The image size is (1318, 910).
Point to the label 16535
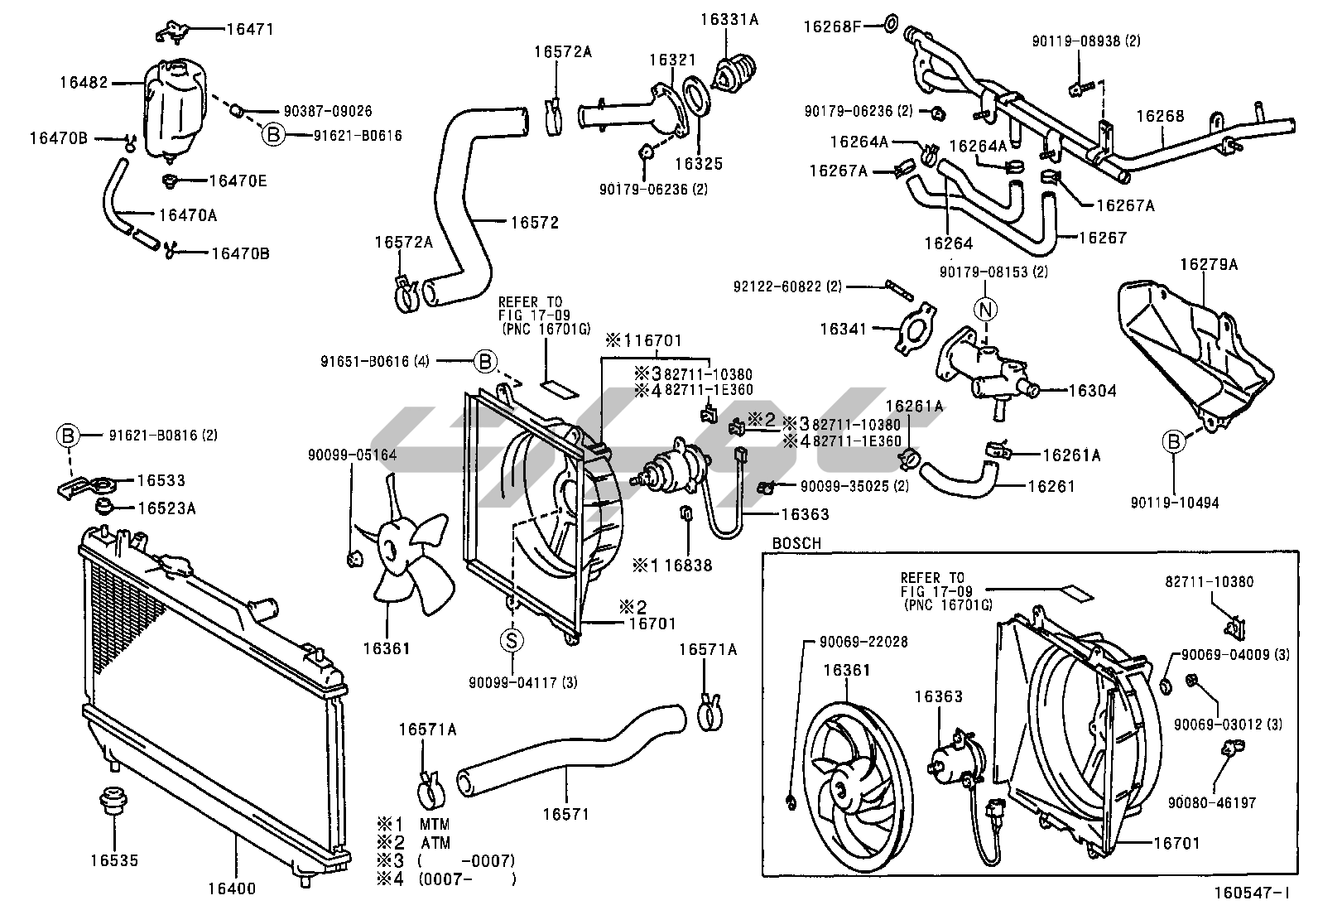point(114,861)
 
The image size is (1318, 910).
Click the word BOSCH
point(796,544)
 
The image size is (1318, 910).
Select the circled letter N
point(986,310)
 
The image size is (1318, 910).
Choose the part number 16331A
point(729,20)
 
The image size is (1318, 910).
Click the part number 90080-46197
point(1212,802)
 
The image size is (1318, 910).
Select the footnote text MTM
point(434,825)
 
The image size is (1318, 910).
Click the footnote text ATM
point(434,843)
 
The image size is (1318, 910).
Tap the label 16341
point(843,329)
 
